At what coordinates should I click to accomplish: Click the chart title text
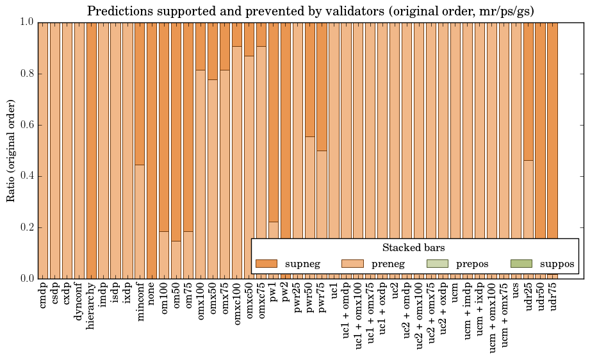point(311,11)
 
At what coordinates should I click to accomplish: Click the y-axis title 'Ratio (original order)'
point(12,150)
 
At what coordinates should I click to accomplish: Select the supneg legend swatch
point(266,263)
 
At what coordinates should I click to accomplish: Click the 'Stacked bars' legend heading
point(413,247)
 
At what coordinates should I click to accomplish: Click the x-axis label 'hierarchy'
point(92,304)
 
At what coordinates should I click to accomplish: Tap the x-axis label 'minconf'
point(140,302)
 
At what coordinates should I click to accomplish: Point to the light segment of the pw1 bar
point(274,250)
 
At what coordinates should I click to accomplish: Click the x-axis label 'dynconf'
point(79,300)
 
